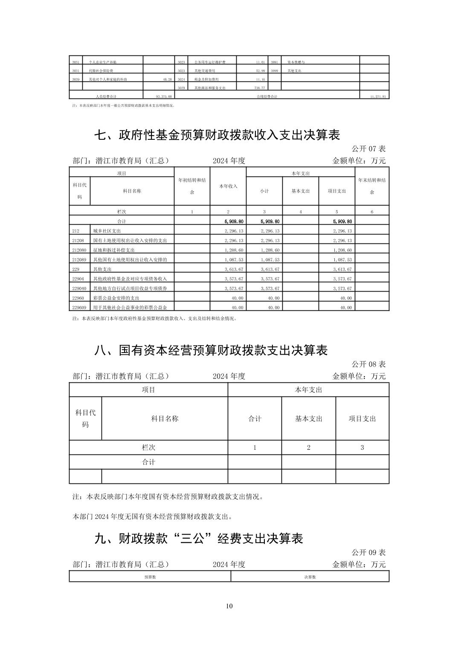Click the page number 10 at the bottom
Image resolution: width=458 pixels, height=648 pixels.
click(229, 606)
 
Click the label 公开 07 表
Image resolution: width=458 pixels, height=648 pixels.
click(368, 149)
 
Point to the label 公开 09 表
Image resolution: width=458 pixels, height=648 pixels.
click(368, 552)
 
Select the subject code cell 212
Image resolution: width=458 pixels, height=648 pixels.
click(76, 231)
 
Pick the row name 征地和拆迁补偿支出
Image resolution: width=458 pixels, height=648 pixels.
click(113, 250)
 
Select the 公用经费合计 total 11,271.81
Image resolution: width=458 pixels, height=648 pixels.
click(378, 97)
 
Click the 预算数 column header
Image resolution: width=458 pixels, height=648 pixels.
click(150, 577)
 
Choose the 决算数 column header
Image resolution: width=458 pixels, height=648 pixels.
click(310, 577)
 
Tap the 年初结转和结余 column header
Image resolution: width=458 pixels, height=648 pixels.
click(192, 186)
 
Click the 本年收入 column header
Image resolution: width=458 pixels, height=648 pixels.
click(228, 186)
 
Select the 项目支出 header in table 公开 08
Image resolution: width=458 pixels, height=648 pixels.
click(362, 419)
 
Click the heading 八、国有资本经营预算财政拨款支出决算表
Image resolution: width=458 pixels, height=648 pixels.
click(211, 350)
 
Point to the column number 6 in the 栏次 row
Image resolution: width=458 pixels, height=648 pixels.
click(372, 212)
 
